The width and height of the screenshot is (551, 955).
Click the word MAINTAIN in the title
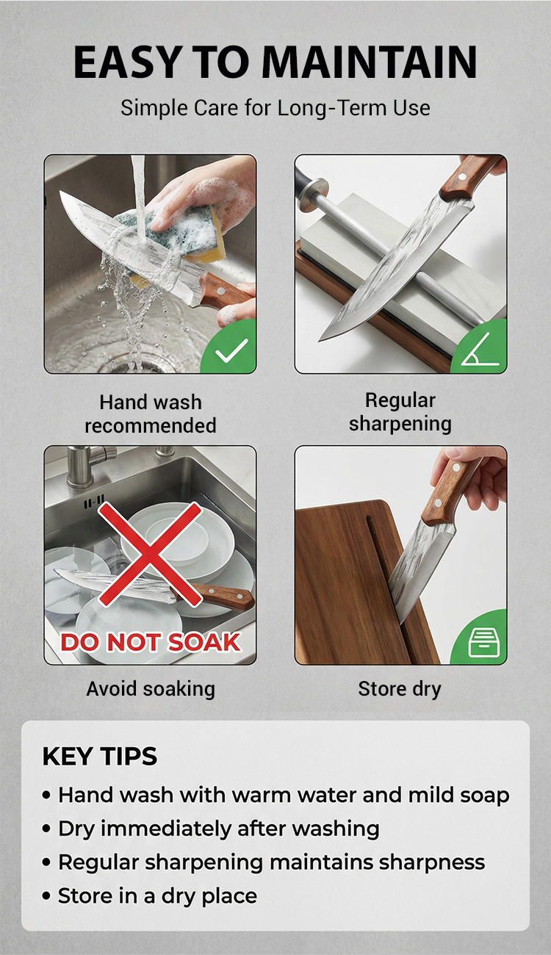(370, 62)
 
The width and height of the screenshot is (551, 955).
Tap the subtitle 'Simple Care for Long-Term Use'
(275, 107)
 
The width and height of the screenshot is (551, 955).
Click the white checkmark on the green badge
(231, 350)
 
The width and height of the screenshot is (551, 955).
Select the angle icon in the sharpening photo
(480, 350)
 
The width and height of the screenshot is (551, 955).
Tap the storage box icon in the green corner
(483, 642)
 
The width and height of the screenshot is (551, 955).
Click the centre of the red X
(150, 554)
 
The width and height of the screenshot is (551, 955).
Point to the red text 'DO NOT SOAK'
(151, 642)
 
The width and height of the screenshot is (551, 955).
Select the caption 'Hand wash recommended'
(151, 414)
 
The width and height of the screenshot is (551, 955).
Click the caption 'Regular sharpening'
(400, 412)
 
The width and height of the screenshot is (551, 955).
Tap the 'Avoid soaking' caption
(151, 689)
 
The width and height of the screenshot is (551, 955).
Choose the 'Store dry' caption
(400, 689)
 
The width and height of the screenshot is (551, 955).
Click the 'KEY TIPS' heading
(100, 757)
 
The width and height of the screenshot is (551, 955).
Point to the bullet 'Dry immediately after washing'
(219, 829)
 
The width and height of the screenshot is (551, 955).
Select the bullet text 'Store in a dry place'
(157, 895)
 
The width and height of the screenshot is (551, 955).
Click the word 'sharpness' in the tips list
(432, 862)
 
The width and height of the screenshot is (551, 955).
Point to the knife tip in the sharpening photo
(320, 341)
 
